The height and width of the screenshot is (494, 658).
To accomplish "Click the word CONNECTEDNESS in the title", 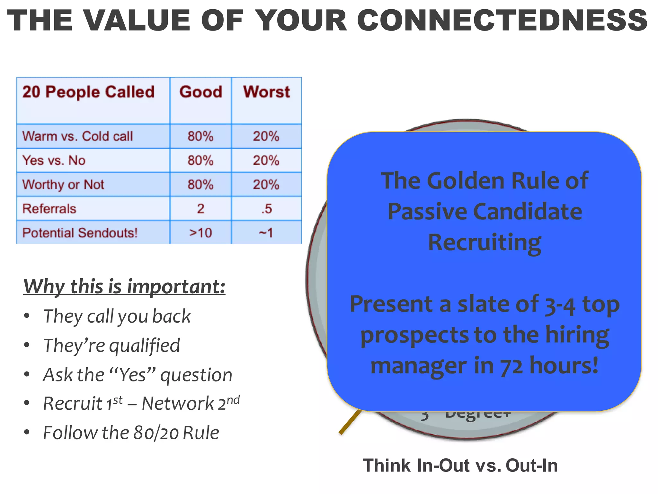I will (502, 21).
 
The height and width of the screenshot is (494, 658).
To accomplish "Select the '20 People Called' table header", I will (88, 92).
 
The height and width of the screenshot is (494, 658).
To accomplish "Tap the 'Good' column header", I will (200, 92).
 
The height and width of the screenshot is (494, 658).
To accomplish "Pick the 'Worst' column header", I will (266, 92).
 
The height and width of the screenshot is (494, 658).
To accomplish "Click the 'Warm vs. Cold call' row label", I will (77, 136).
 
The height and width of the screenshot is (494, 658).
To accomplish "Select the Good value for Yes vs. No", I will (200, 160).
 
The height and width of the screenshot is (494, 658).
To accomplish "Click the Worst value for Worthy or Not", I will (266, 185).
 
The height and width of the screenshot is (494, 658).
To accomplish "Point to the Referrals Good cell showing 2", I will (200, 209).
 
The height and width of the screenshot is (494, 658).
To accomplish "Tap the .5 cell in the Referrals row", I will (266, 209).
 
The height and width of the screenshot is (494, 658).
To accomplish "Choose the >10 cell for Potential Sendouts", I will (200, 233).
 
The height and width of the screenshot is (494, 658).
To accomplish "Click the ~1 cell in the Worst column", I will (266, 233).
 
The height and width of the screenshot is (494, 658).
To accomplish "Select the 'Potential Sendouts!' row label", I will (80, 233).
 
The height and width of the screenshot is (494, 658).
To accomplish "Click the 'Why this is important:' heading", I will (124, 286).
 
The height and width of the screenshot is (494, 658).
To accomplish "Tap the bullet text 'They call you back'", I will (117, 316).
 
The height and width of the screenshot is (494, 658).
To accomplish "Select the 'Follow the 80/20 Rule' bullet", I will (131, 433).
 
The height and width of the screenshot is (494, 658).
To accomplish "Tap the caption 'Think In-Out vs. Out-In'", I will (460, 466).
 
